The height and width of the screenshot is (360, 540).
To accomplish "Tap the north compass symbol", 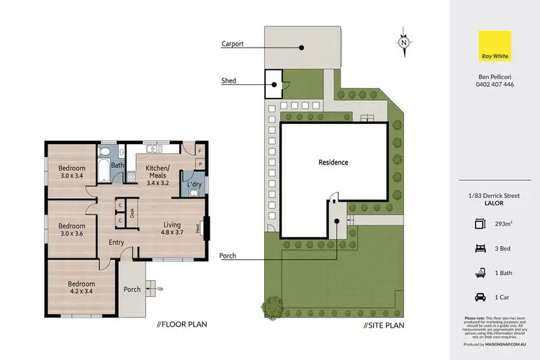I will [405, 42].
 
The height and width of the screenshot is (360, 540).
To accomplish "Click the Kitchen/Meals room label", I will [157, 173].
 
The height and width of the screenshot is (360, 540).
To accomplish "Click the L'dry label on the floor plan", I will [192, 185].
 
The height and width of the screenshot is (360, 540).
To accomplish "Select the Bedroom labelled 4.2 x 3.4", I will [80, 288].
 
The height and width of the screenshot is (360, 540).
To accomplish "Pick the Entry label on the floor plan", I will [117, 243].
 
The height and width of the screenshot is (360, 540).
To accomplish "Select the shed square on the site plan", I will [274, 83].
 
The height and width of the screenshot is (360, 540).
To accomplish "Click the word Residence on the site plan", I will [333, 162].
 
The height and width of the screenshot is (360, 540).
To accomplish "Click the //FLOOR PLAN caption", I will [182, 324].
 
